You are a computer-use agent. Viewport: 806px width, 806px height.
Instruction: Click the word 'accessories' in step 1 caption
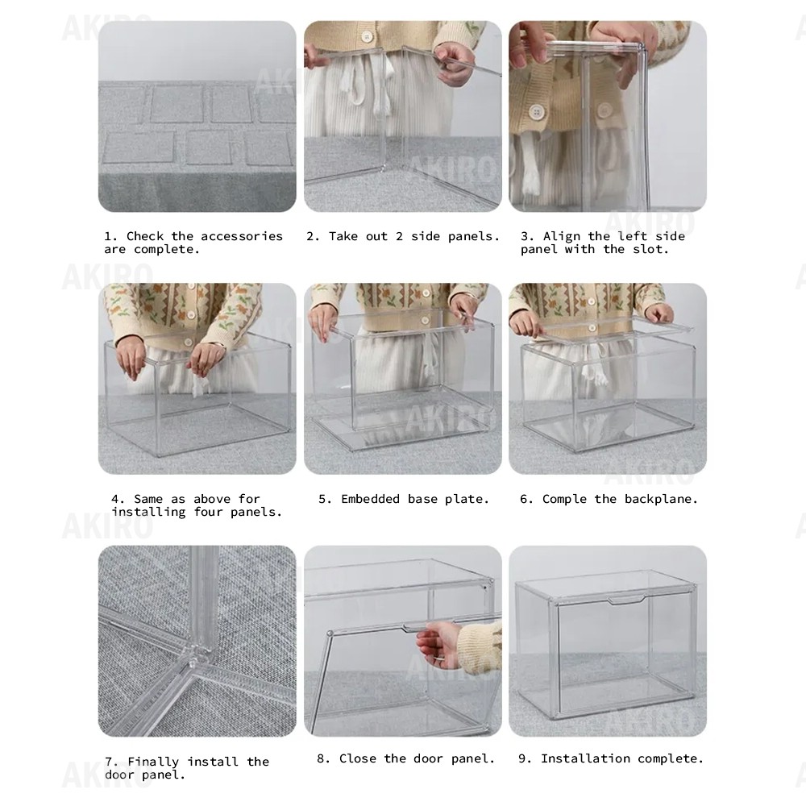pos(242,236)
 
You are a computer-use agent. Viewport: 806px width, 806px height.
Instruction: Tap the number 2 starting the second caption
pos(310,236)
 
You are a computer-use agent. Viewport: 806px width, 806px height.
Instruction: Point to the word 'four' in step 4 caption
pos(212,512)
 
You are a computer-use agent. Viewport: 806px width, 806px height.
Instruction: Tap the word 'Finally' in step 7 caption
pos(154,762)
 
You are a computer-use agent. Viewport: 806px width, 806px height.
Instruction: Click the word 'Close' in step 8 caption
pos(359,758)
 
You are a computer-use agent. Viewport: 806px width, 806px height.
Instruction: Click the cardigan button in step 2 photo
pos(367,36)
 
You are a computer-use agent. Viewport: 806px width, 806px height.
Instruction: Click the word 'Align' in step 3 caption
pos(562,236)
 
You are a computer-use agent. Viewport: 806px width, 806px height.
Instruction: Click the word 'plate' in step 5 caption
pos(466,499)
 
